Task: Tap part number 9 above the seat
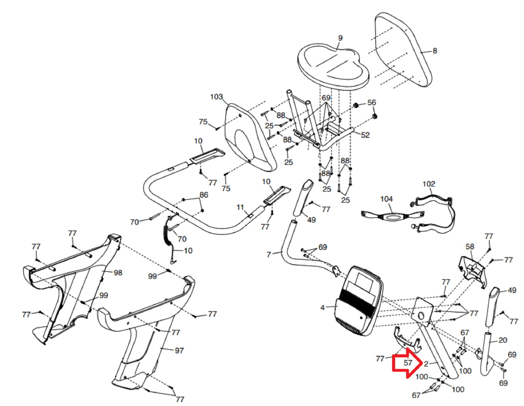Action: point(340,38)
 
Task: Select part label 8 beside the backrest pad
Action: point(435,51)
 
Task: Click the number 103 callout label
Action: point(216,97)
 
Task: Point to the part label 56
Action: point(372,102)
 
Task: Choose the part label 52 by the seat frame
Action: point(365,135)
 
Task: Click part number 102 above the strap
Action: point(429,184)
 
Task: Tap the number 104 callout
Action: point(386,199)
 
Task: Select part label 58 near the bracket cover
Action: point(470,247)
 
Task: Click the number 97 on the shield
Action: point(179,351)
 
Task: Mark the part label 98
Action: point(118,273)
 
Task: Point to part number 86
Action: point(204,195)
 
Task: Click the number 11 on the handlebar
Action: point(240,207)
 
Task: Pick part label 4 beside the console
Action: point(323,307)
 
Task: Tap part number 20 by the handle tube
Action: point(503,340)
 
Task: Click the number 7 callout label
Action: point(269,254)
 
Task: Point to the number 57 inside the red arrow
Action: point(408,363)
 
